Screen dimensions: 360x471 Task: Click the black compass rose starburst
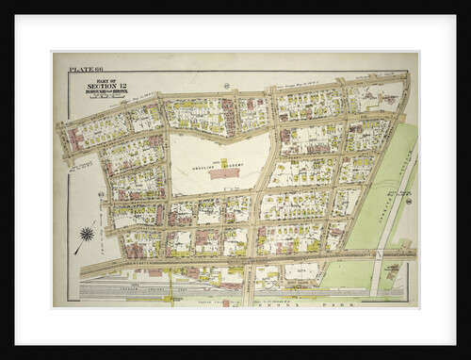[x=88, y=234]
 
